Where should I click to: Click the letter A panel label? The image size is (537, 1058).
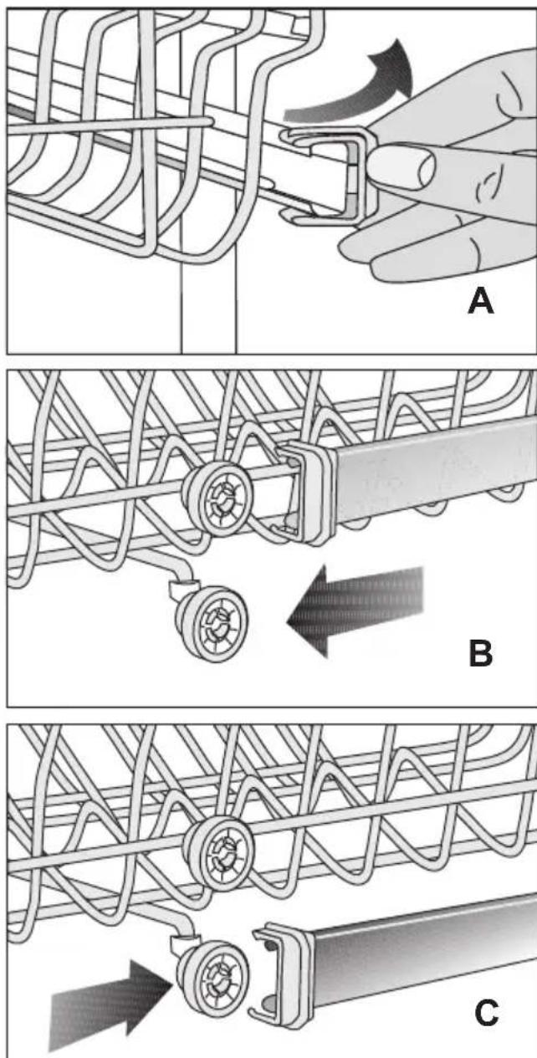481,301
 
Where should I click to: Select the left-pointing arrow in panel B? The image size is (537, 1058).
354,611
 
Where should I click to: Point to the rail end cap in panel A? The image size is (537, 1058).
330,175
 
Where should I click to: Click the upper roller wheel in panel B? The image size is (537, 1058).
218,497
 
